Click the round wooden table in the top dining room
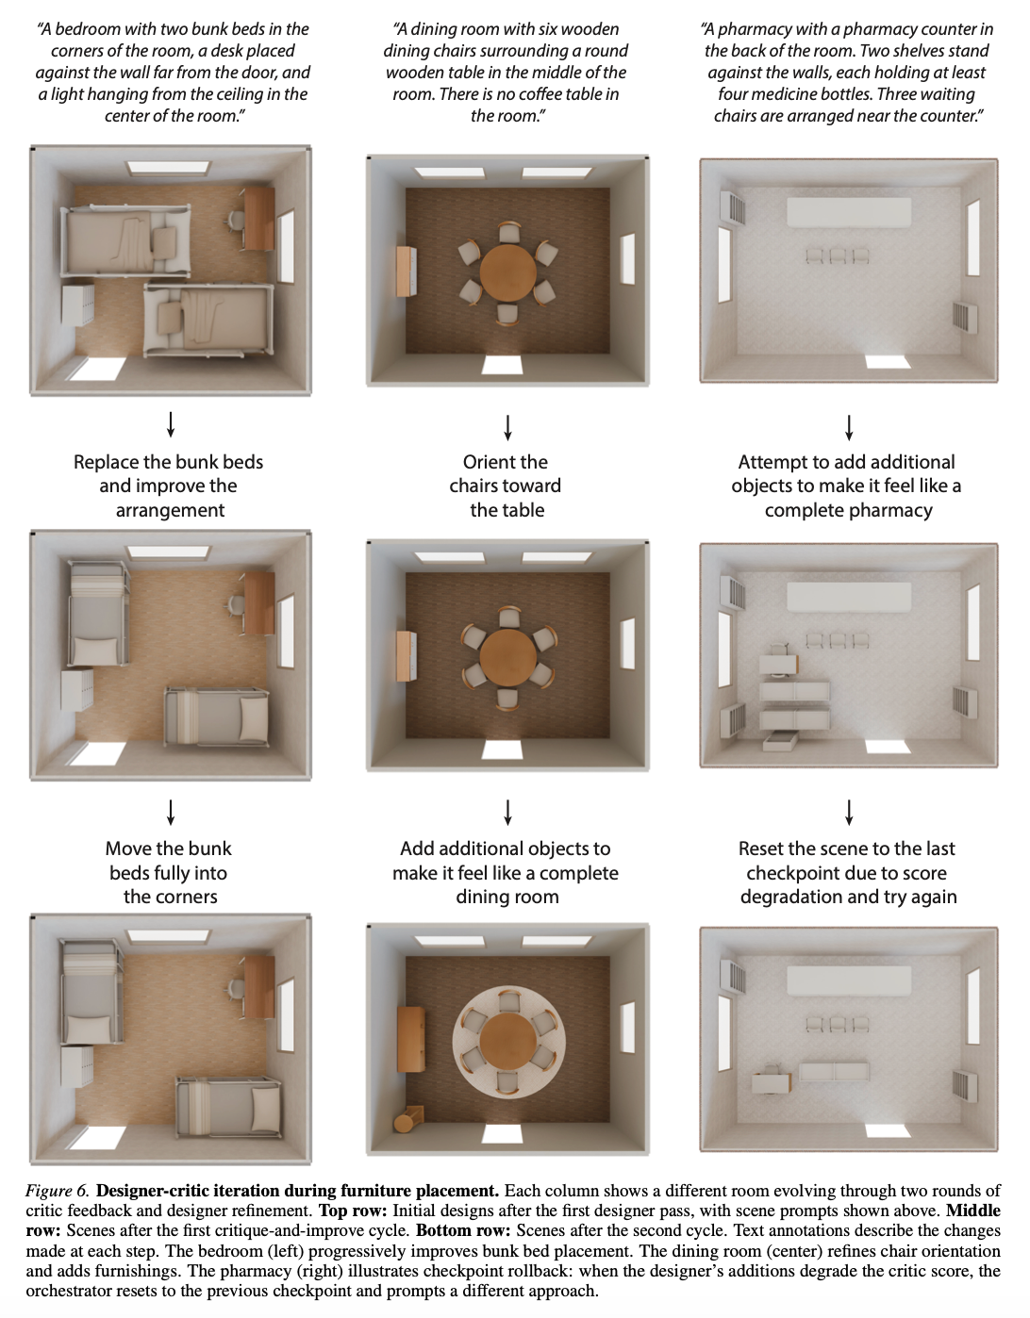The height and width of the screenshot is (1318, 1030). click(x=507, y=272)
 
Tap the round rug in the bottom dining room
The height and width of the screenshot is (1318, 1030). click(x=509, y=1044)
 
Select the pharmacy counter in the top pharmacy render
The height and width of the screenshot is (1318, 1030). click(x=849, y=212)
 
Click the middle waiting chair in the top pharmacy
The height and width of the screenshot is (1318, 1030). click(x=838, y=255)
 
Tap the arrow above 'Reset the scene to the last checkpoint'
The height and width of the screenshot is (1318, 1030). click(x=849, y=812)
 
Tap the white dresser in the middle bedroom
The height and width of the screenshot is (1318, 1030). click(x=77, y=690)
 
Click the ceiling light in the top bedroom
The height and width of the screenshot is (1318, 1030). click(x=168, y=168)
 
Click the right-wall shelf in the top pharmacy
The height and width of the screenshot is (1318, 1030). click(x=965, y=318)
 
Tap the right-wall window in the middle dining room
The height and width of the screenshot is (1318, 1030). click(x=628, y=645)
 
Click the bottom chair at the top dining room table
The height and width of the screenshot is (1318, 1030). click(x=507, y=315)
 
